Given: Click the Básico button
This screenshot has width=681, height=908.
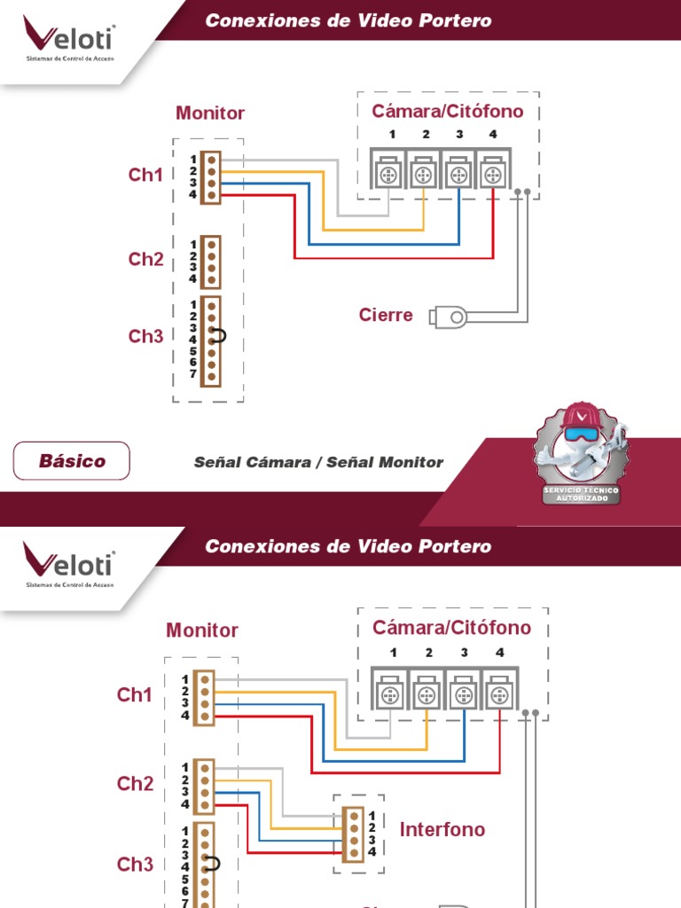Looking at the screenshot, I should [x=72, y=461].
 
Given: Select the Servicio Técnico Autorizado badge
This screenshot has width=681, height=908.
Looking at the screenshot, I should [x=581, y=453].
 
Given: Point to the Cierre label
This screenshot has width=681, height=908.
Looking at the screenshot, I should [x=386, y=315].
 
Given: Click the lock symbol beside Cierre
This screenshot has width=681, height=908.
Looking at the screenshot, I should [x=449, y=317].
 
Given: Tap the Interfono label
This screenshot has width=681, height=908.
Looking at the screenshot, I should [x=442, y=830].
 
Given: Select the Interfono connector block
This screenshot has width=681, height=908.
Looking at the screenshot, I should [x=354, y=834].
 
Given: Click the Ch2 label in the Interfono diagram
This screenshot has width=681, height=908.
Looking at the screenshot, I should [x=136, y=784].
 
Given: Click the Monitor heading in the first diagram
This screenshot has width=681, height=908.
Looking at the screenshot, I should [x=210, y=113].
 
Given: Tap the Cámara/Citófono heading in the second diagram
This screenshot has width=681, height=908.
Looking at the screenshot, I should [x=451, y=628].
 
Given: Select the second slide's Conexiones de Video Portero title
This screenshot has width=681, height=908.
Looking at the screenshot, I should [x=348, y=546].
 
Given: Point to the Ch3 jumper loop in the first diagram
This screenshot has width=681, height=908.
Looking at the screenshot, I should [x=220, y=335].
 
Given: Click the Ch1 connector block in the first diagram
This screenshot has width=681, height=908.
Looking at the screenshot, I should [x=210, y=176].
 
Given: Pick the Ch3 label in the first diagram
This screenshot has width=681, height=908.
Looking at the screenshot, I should [x=146, y=336].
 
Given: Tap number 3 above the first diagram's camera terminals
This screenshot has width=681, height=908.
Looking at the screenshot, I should [x=459, y=134].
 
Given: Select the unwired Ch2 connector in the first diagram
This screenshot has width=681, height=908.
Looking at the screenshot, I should [x=210, y=262].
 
